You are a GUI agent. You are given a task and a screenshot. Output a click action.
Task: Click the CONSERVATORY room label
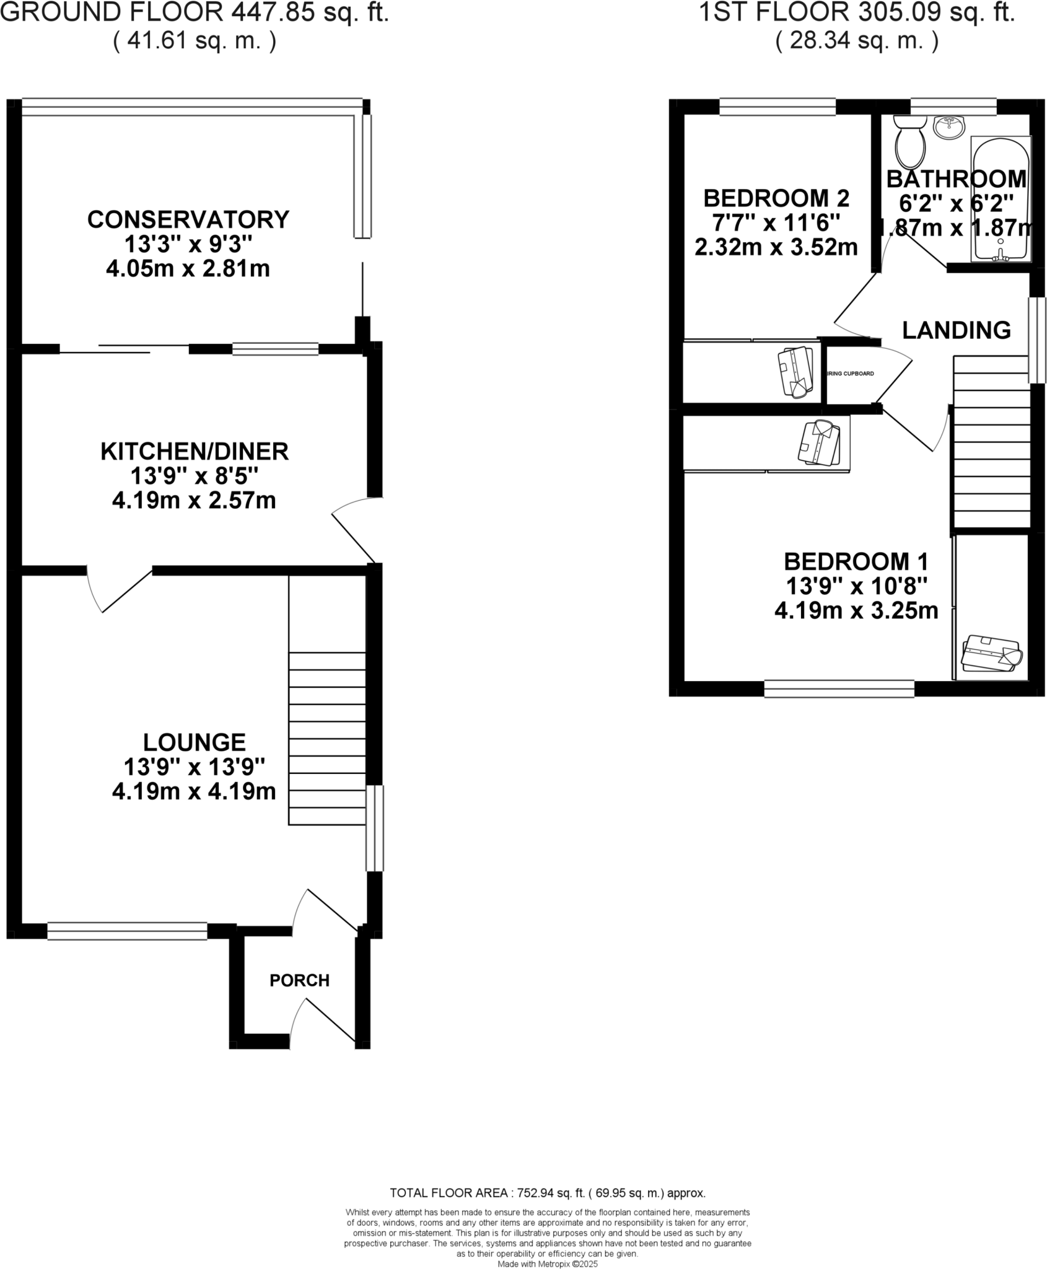coord(188,219)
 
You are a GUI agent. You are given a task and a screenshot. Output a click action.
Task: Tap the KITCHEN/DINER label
coord(195,451)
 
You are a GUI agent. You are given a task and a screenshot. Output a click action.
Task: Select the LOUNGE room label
coord(195,742)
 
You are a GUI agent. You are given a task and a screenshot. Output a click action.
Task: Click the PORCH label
coord(299,980)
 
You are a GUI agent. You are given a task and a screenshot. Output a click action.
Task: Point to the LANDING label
coord(956,330)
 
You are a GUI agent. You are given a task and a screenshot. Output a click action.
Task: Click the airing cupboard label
coord(850,374)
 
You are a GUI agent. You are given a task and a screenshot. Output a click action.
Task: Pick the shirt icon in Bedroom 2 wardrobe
coord(795,371)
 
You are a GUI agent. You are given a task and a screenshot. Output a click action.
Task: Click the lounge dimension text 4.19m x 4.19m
coord(194,791)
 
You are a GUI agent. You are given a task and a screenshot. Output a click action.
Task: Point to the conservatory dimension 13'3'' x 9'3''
coord(188,245)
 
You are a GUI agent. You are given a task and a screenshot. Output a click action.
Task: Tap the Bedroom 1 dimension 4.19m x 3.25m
coord(856,611)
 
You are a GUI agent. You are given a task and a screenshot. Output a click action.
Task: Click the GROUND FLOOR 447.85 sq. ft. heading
coord(195,12)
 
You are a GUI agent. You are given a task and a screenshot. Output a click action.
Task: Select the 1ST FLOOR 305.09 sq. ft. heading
coord(857,12)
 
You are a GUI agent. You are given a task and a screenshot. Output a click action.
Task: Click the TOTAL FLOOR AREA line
coord(547,1193)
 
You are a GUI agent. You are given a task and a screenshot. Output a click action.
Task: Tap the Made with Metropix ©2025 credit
coord(548,1264)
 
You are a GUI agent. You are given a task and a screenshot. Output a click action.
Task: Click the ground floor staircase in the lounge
coord(326,737)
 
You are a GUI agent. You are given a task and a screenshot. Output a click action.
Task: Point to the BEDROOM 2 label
coord(776,198)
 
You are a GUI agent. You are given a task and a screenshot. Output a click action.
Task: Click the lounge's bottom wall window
coord(127,931)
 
